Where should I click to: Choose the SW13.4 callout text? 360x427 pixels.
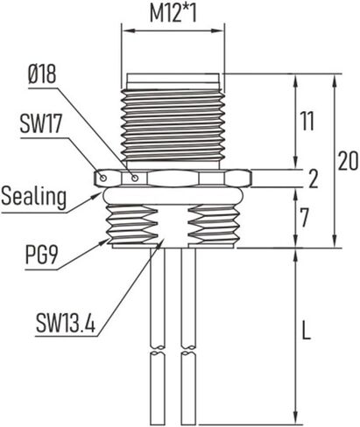[65, 324]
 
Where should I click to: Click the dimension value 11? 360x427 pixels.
[306, 122]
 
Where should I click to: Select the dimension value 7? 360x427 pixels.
[306, 218]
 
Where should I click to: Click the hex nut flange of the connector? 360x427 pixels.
[172, 178]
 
